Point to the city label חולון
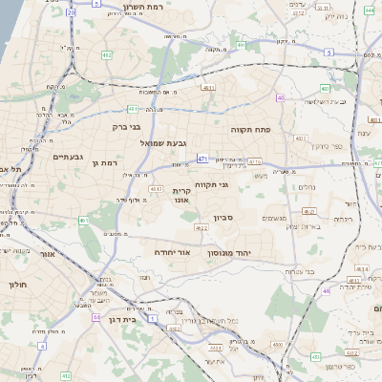(x=18, y=285)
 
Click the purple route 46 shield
(x=326, y=290)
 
